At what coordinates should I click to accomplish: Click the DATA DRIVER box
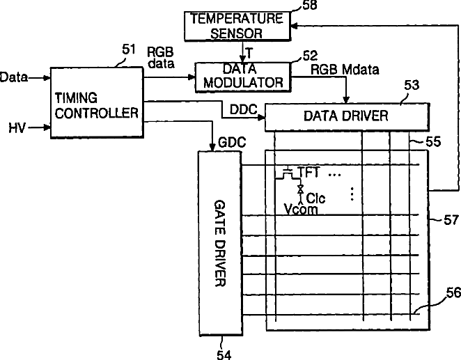coord(345,116)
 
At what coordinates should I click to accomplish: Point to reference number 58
coord(304,6)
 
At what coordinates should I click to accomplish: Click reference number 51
coord(128,49)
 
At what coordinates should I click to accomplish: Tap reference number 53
coord(412,86)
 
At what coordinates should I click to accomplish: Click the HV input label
coord(17,128)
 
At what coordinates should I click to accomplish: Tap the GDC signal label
coord(231,141)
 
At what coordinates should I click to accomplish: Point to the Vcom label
coord(301,209)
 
